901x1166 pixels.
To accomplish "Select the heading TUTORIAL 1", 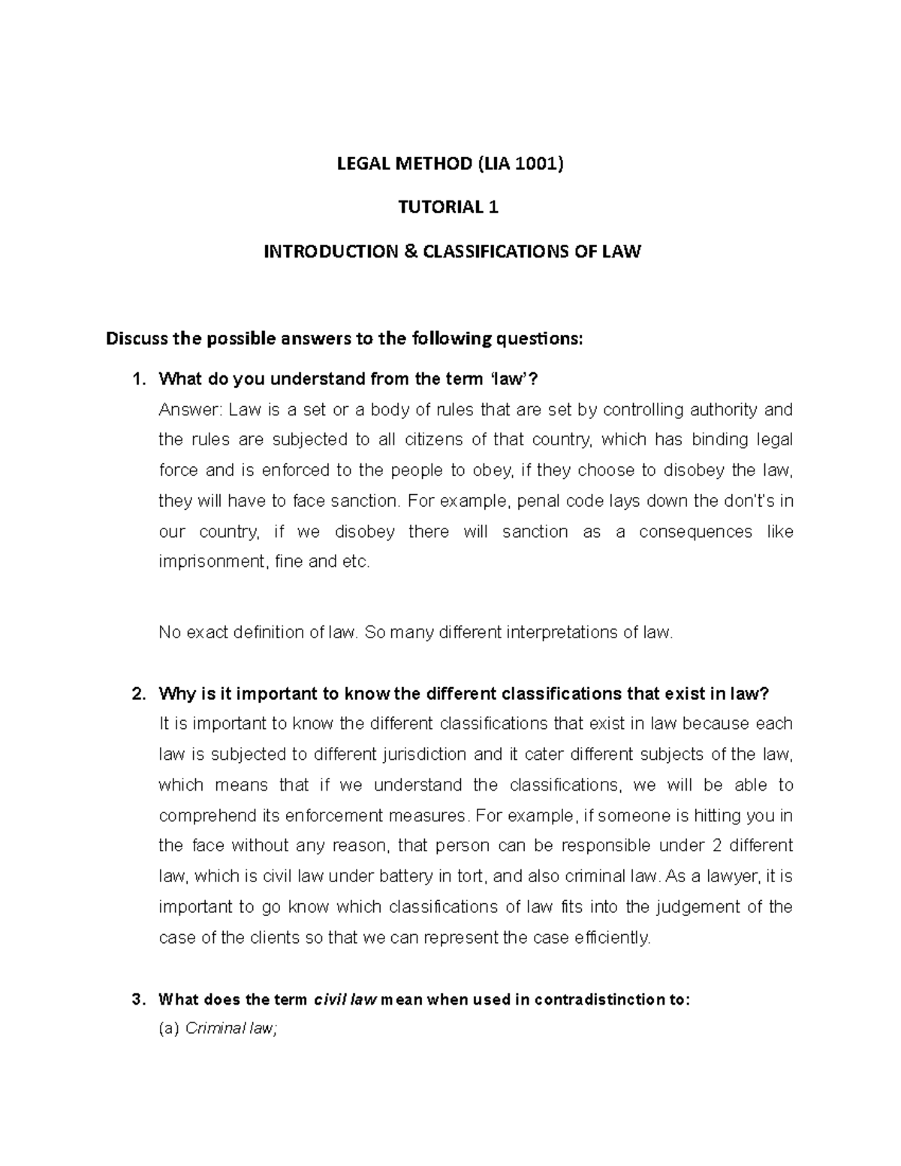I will pyautogui.click(x=448, y=207).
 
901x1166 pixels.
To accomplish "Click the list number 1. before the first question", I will pyautogui.click(x=137, y=379).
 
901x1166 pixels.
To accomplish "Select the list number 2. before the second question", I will pyautogui.click(x=137, y=693).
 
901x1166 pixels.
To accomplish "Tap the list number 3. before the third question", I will pyautogui.click(x=137, y=999).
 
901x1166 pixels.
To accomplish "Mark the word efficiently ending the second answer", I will pyautogui.click(x=613, y=937).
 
